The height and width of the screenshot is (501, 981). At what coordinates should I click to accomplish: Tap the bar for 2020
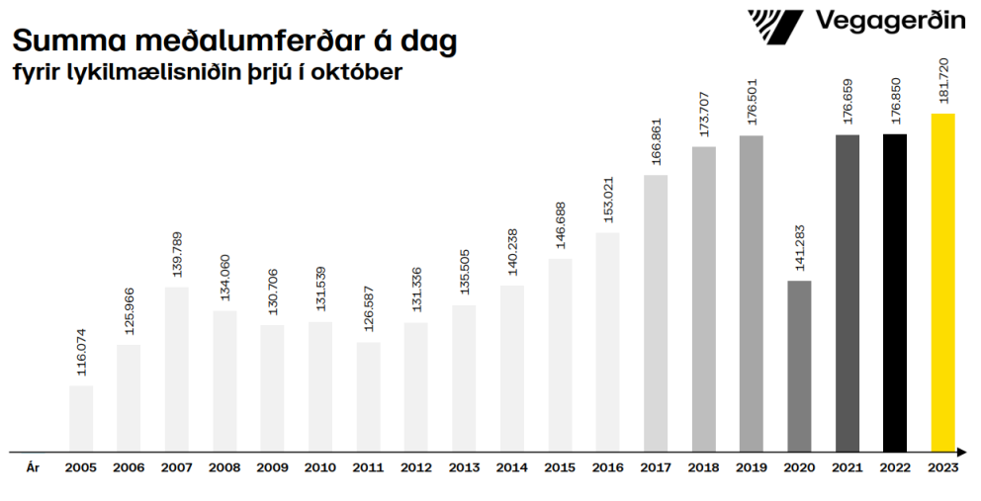(x=799, y=366)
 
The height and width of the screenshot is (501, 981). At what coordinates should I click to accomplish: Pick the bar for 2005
(x=81, y=418)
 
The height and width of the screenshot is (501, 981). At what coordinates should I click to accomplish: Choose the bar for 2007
(x=177, y=369)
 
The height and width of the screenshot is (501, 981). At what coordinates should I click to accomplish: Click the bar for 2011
(x=369, y=396)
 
